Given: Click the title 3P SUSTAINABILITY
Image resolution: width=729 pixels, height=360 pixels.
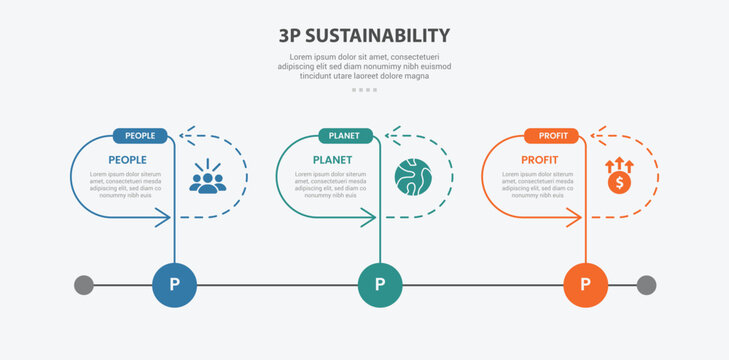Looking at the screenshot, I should click(364, 36).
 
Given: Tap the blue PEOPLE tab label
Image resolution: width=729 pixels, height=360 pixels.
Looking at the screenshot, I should click(140, 136).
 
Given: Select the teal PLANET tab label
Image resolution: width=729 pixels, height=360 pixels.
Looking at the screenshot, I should click(346, 136).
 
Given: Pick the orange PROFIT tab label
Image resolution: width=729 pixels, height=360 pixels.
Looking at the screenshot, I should click(552, 136).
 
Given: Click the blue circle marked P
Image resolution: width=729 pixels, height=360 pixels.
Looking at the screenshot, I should click(174, 285).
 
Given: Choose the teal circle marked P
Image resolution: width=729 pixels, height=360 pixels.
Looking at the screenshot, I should click(380, 285).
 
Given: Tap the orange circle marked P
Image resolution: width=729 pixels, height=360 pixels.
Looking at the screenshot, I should click(586, 285).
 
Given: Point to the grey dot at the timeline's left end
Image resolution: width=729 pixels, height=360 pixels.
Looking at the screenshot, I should click(84, 285).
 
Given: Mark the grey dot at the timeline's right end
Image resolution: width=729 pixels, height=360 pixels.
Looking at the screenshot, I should click(646, 285).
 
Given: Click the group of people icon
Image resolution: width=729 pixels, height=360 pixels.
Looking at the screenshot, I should click(207, 178).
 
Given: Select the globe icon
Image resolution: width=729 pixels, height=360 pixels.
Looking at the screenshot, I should click(413, 177).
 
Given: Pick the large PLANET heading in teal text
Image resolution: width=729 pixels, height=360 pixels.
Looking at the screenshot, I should click(332, 160).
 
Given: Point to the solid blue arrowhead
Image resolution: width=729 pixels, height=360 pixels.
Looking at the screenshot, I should click(164, 218).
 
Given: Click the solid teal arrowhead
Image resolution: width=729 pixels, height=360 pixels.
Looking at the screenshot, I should click(370, 218).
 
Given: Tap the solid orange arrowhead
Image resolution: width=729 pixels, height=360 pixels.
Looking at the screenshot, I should click(576, 218).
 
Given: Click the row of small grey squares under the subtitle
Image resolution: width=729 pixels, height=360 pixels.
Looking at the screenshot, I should click(364, 90).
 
